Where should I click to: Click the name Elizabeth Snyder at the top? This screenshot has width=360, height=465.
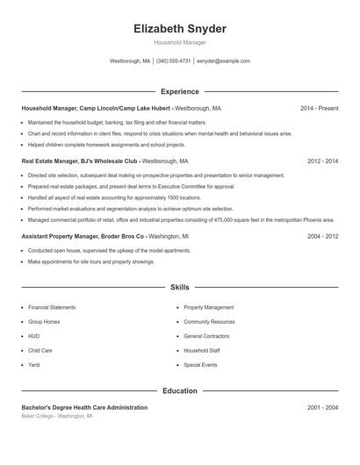180,29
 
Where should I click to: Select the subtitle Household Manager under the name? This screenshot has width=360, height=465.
180,42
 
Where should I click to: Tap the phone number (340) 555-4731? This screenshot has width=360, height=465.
173,61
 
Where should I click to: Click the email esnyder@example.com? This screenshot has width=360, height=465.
223,61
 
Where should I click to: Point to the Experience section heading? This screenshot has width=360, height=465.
180,91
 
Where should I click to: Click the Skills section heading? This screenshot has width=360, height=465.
180,287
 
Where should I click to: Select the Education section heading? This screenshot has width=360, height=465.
180,390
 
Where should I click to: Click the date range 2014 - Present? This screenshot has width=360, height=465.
319,108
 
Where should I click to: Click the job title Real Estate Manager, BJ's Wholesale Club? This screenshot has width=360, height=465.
80,161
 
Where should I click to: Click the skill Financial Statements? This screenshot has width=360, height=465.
52,308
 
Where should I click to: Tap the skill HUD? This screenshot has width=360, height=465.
34,336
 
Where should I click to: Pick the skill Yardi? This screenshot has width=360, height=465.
35,364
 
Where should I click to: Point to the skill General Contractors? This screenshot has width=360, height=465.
206,336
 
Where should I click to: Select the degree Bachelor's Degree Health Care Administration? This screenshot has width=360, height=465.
84,408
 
